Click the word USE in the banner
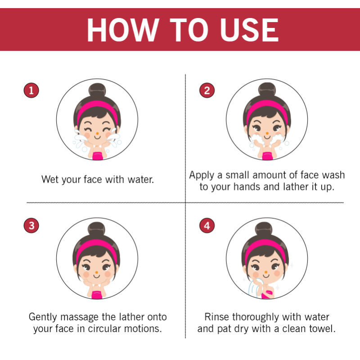[249, 30]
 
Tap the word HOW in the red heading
[123, 30]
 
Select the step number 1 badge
[31, 90]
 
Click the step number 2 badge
[207, 90]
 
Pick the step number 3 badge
[31, 225]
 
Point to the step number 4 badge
[207, 225]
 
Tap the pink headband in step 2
[267, 108]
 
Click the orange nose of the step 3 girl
[97, 272]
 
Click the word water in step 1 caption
[141, 180]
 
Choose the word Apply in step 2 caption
[202, 175]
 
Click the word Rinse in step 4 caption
[217, 317]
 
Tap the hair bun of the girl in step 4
[264, 229]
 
